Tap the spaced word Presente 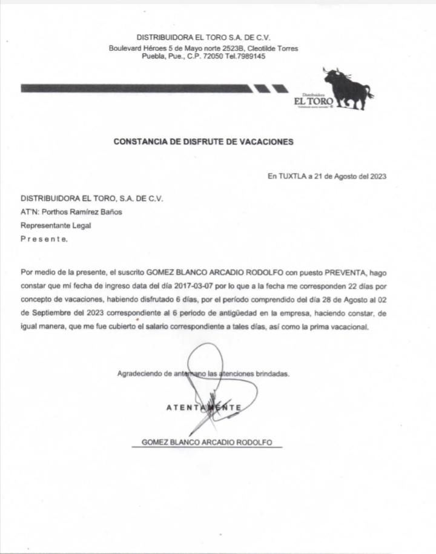click(44, 239)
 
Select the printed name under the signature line click(206, 443)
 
